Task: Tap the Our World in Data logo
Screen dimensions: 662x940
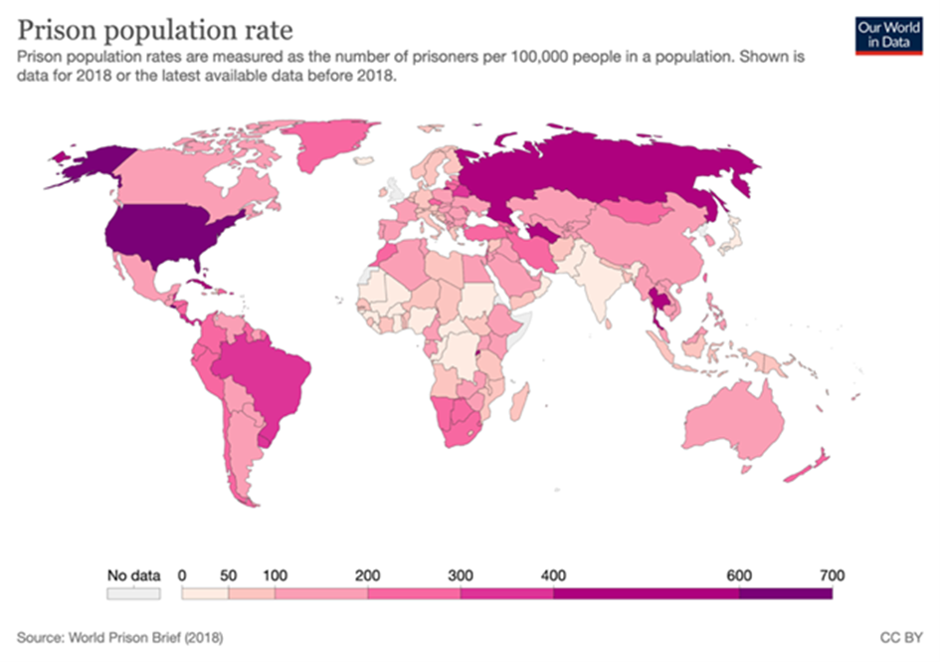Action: (882, 33)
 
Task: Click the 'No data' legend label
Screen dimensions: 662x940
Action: (131, 574)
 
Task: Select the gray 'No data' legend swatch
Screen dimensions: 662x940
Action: (132, 592)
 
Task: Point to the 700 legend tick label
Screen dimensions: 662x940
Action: (831, 574)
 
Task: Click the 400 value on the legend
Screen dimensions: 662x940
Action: (554, 574)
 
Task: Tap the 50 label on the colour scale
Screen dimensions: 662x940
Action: (228, 574)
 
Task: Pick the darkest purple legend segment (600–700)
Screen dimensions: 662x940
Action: (785, 592)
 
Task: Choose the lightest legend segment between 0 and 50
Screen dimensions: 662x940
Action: (205, 592)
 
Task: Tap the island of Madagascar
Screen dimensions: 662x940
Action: (518, 403)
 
